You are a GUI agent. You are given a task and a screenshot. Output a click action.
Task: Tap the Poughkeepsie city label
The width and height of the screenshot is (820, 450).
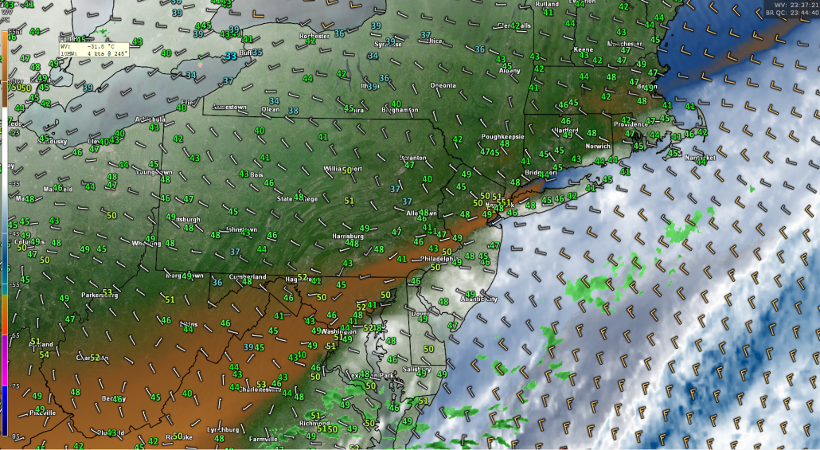pyautogui.click(x=502, y=136)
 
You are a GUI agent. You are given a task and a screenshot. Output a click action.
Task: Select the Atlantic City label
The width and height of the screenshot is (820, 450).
pyautogui.click(x=479, y=299)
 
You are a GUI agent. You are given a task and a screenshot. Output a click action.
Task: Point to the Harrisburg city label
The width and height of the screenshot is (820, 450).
pyautogui.click(x=348, y=236)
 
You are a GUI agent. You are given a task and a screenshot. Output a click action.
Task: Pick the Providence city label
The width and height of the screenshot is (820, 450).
pyautogui.click(x=631, y=124)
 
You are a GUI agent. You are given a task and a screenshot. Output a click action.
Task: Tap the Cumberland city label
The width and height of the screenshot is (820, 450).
pyautogui.click(x=247, y=276)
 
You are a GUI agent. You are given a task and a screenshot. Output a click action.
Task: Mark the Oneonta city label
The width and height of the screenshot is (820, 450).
pyautogui.click(x=443, y=85)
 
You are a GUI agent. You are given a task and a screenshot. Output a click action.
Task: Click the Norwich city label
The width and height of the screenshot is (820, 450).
pyautogui.click(x=597, y=147)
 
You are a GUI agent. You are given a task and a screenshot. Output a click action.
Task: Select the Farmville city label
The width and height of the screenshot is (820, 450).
pyautogui.click(x=263, y=438)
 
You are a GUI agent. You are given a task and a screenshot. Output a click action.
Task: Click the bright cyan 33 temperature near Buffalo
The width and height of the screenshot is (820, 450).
pyautogui.click(x=230, y=57)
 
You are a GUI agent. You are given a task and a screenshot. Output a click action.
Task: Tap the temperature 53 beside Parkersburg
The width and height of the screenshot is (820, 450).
pyautogui.click(x=107, y=292)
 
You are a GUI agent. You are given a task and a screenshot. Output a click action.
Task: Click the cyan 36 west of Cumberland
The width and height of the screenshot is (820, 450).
pyautogui.click(x=217, y=282)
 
